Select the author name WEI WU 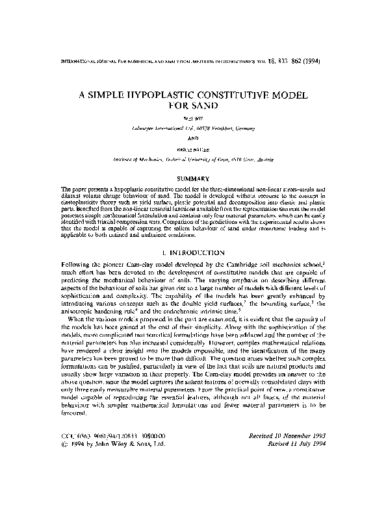tap(192, 118)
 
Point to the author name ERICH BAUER tap(192, 149)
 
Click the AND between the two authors tap(192, 138)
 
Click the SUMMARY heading tap(192, 178)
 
